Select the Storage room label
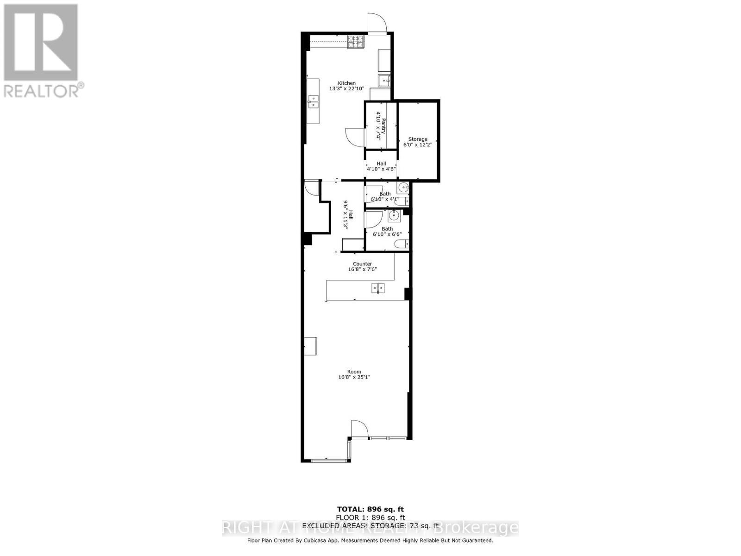point(417,139)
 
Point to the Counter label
point(362,264)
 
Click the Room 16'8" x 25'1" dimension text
point(354,377)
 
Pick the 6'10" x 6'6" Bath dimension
point(387,234)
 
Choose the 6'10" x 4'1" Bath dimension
point(385,199)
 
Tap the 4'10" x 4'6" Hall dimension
point(381,169)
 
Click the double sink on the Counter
point(378,289)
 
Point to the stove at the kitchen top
point(357,42)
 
